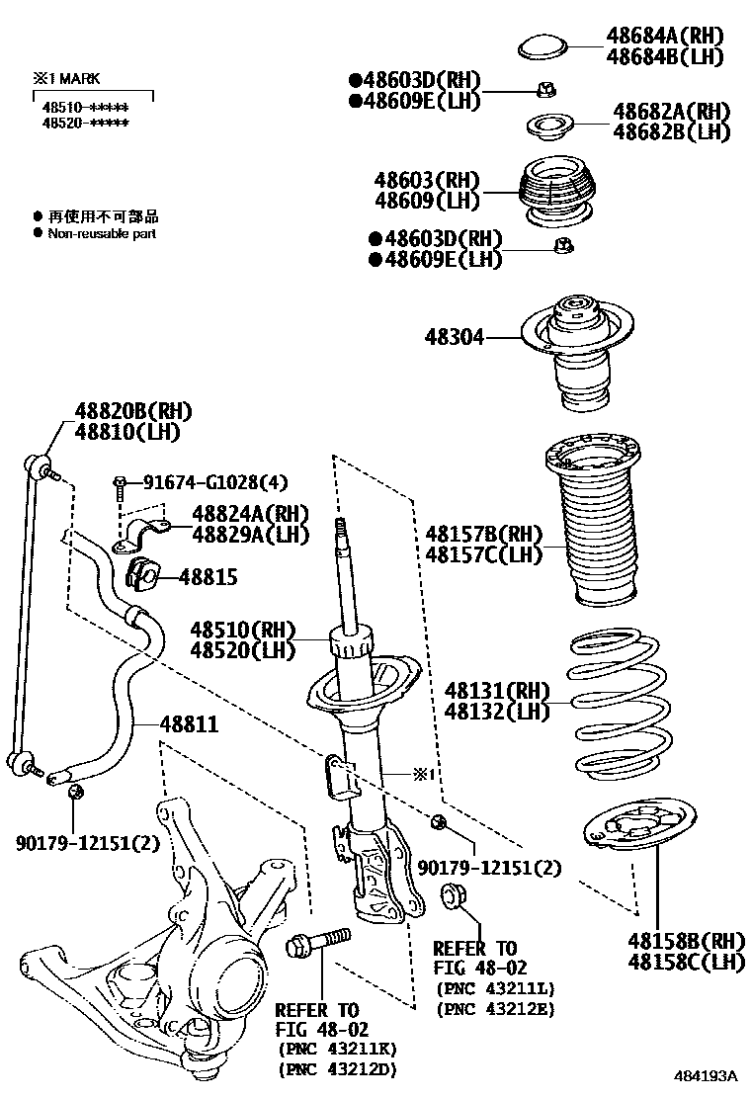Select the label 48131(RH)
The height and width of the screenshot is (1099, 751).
495,690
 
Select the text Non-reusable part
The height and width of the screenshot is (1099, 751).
102,234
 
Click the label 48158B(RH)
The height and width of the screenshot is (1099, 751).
685,940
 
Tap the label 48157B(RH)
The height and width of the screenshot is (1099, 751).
484,534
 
